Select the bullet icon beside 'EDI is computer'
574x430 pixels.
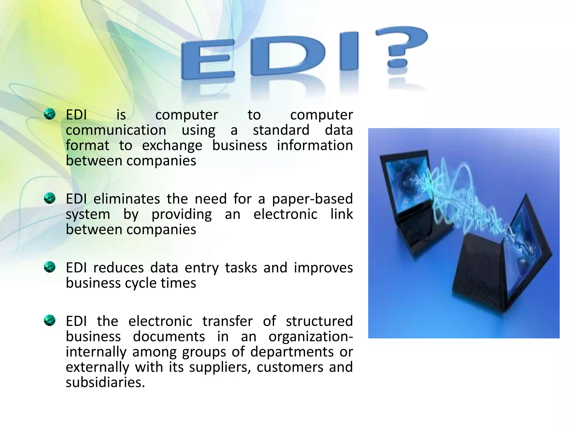click(50, 114)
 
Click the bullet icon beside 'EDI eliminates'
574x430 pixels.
click(50, 198)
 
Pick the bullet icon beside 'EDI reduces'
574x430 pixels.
click(50, 267)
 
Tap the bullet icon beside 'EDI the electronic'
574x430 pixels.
click(50, 320)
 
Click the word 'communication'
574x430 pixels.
click(116, 130)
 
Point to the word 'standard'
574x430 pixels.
click(281, 130)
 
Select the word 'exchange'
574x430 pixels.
click(172, 146)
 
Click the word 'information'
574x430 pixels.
click(315, 146)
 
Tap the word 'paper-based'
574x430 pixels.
click(312, 199)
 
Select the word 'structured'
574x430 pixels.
click(319, 321)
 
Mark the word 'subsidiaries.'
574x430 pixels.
click(105, 382)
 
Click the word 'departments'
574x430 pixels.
click(292, 352)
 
